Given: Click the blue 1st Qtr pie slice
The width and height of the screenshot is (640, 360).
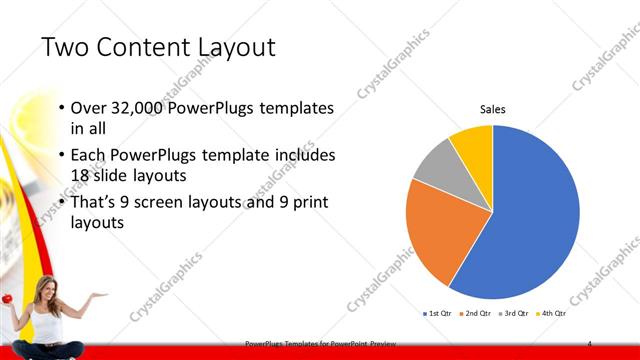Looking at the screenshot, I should point(530,220).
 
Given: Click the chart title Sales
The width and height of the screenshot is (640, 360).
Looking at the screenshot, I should point(493,110).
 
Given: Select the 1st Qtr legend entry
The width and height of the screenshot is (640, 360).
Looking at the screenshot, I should point(437,314).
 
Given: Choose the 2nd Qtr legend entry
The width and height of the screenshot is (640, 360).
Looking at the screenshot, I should point(475,314).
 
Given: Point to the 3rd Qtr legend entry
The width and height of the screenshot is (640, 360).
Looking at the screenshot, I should point(513,314).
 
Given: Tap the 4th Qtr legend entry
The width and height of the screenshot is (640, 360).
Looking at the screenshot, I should point(550,314).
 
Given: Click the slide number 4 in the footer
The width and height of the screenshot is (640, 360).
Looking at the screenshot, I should point(590,343).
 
